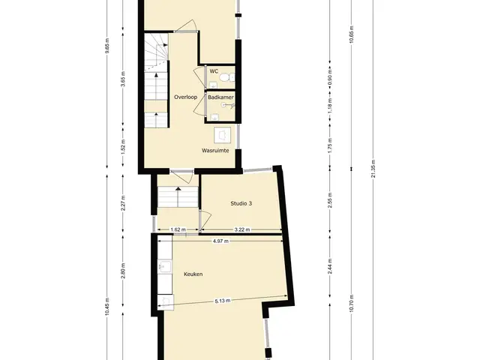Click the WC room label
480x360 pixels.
(x=214, y=71)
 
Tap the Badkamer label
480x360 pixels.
(x=220, y=97)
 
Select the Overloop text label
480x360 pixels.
(x=185, y=97)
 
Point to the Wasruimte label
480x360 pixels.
(x=215, y=151)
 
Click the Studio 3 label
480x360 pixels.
(x=241, y=203)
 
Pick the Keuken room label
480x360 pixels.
(x=193, y=274)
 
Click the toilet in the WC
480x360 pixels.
(x=226, y=77)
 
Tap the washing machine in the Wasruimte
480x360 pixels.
(x=223, y=135)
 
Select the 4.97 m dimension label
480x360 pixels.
(x=220, y=241)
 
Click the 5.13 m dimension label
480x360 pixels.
(x=223, y=301)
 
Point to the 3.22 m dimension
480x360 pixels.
(x=241, y=229)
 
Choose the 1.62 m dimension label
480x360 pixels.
(x=178, y=229)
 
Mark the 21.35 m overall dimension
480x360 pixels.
(x=373, y=169)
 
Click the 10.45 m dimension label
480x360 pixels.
(x=106, y=307)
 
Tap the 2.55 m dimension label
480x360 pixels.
(x=330, y=200)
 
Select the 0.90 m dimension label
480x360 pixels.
(x=330, y=77)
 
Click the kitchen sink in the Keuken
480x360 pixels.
(x=165, y=266)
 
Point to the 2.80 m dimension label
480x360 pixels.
(x=123, y=271)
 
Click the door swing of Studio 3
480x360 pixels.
(x=205, y=220)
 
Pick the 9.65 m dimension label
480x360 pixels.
(x=106, y=46)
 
